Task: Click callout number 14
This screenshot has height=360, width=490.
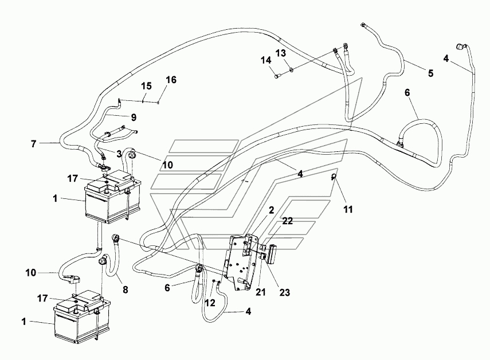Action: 266,60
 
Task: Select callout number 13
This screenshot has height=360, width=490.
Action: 280,53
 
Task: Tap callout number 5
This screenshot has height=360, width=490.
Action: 430,73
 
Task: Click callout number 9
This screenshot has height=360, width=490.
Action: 134,117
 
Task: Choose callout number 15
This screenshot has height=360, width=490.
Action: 146,86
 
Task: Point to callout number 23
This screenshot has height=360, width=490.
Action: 284,292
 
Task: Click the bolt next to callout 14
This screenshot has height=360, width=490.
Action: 276,74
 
